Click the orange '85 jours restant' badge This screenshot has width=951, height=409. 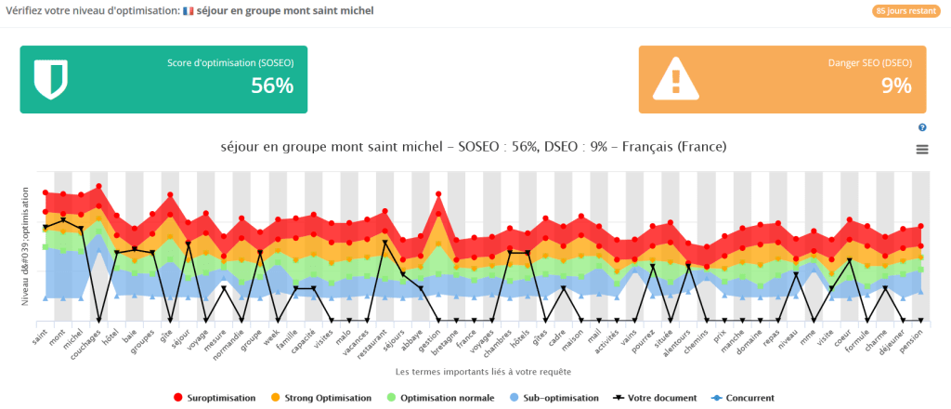905,11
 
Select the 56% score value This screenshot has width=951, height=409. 272,86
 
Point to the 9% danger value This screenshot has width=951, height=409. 896,86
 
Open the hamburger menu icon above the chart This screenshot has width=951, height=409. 921,149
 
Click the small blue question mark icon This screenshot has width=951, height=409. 922,127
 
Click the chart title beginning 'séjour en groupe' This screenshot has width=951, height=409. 474,147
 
